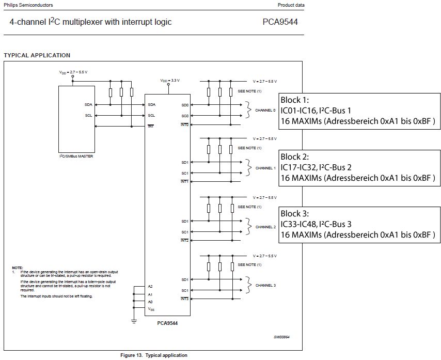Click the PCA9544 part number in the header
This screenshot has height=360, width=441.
point(280,22)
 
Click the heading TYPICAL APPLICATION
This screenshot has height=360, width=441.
point(37,55)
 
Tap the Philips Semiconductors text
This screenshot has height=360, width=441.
point(28,5)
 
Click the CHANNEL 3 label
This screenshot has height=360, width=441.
point(265,285)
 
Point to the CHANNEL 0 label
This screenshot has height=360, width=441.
point(265,110)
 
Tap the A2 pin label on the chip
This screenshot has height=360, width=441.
point(150,286)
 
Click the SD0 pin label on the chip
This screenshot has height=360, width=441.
point(185,105)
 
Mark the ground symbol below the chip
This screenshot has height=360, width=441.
point(134,321)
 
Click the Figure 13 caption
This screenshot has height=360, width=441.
point(154,355)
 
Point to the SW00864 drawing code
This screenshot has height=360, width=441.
point(282,337)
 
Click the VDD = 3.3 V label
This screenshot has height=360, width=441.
point(169,81)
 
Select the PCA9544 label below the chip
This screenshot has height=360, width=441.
point(167,323)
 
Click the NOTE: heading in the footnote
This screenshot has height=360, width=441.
point(17,268)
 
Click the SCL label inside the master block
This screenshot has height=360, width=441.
point(88,115)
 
